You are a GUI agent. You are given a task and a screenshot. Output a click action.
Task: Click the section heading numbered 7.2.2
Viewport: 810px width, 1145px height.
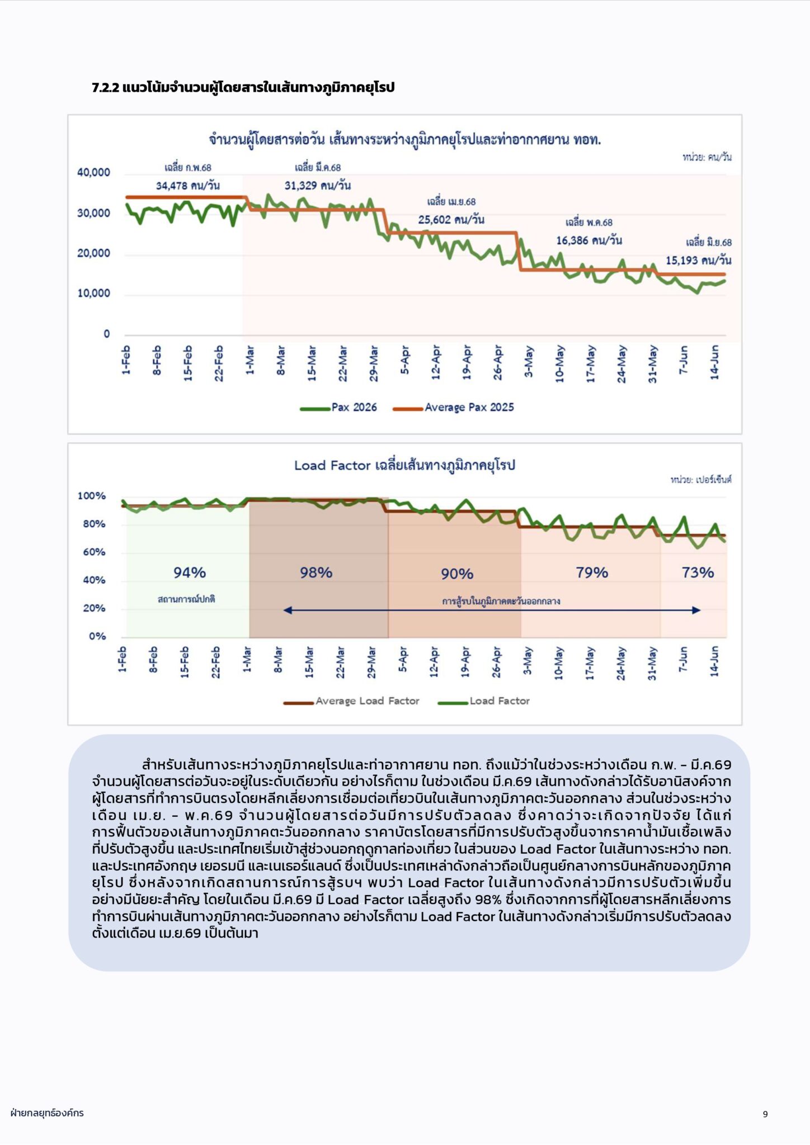pos(243,88)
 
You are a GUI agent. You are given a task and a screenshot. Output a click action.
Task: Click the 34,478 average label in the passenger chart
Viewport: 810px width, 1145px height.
pos(187,186)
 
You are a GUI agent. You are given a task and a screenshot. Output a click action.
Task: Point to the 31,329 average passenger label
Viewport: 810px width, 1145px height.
pos(317,186)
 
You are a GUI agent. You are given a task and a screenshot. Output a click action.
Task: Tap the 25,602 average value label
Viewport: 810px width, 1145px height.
pos(451,220)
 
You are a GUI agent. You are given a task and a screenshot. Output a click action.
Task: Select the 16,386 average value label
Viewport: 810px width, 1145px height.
pos(588,240)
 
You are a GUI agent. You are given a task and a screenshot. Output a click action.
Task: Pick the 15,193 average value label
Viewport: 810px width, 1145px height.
pos(698,261)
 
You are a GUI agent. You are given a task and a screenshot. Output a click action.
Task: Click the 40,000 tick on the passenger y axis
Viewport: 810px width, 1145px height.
pos(93,173)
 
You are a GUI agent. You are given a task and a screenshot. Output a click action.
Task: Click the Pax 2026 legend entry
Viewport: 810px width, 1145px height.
pos(338,408)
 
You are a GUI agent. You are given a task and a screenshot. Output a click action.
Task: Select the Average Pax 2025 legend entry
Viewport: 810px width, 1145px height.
pos(453,408)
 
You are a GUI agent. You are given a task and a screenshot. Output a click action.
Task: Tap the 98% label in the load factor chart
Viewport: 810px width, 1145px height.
pos(316,572)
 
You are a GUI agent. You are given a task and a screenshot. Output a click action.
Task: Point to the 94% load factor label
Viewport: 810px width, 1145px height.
pos(190,572)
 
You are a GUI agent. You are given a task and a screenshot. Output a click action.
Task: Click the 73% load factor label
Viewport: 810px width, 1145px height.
pos(698,572)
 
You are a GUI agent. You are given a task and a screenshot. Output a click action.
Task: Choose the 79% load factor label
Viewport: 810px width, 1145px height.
pos(592,572)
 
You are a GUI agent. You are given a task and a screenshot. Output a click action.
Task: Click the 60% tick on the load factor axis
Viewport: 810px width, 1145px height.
pos(94,552)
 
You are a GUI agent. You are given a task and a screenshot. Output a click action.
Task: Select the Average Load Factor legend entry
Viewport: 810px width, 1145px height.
pos(351,701)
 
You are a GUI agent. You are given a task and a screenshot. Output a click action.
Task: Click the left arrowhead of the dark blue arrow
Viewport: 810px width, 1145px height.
pos(288,610)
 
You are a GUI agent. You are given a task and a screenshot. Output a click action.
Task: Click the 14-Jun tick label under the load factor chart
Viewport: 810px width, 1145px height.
pos(714,662)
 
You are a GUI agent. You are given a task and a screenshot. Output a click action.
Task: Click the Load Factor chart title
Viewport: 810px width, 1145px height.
pos(404,465)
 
